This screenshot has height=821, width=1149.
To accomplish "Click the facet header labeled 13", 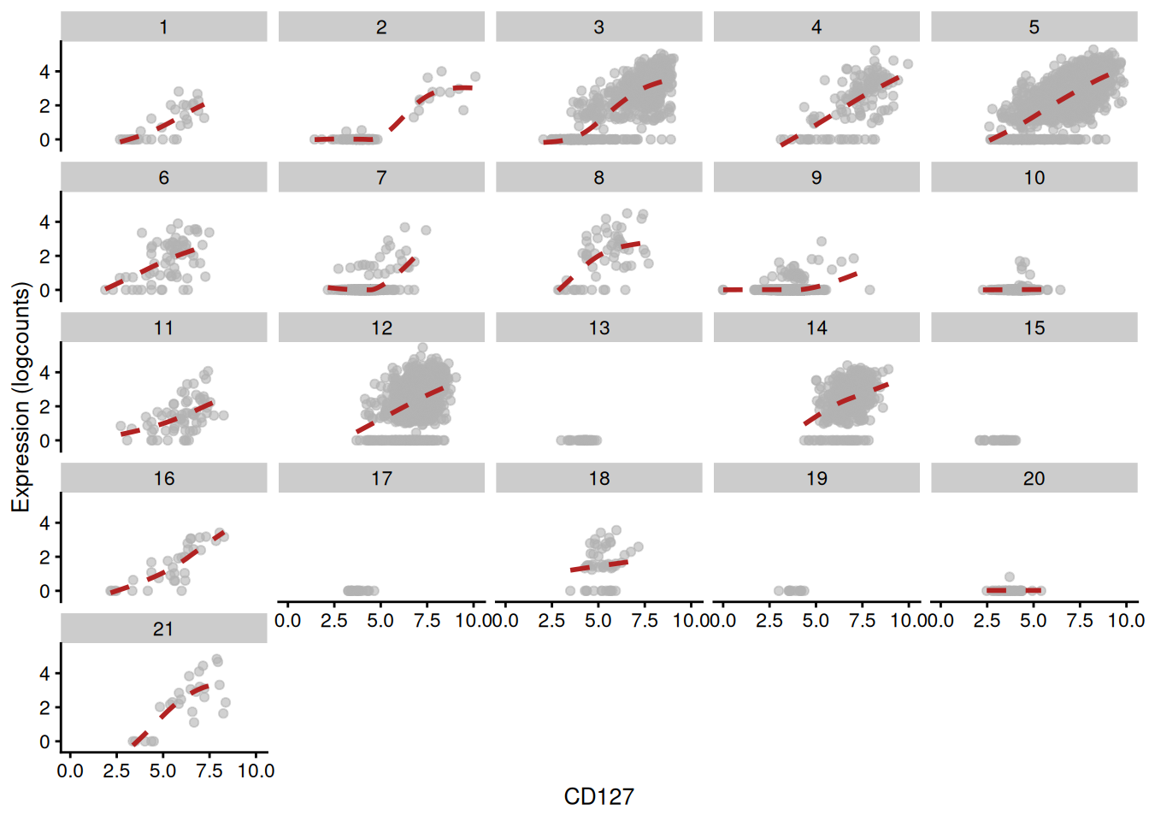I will pyautogui.click(x=598, y=328).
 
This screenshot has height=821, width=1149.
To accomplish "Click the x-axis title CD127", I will pyautogui.click(x=598, y=797).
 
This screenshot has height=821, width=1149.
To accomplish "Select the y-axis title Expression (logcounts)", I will pyautogui.click(x=21, y=398).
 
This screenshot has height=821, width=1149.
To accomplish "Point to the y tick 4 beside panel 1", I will pyautogui.click(x=44, y=72).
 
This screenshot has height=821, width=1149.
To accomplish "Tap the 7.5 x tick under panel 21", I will pyautogui.click(x=209, y=771).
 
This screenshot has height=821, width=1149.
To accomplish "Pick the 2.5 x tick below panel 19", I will pyautogui.click(x=769, y=621).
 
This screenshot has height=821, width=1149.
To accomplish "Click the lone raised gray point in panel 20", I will pyautogui.click(x=1010, y=577).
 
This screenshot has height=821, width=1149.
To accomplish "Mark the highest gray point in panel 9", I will pyautogui.click(x=822, y=242).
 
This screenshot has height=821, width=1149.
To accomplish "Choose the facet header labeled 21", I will pyautogui.click(x=163, y=629).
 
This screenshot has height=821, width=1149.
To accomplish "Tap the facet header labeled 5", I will pyautogui.click(x=1034, y=27).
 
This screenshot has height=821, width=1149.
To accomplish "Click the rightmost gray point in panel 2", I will pyautogui.click(x=475, y=77).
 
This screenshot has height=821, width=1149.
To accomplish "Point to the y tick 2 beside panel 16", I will pyautogui.click(x=44, y=558).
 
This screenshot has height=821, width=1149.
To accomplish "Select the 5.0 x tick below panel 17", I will pyautogui.click(x=380, y=621).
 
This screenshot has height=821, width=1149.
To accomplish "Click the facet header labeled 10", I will pyautogui.click(x=1034, y=177).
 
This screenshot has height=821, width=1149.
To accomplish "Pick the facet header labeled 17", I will pyautogui.click(x=381, y=478).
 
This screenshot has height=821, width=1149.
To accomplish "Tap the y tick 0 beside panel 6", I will pyautogui.click(x=44, y=291).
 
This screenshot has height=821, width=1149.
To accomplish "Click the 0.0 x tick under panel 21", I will pyautogui.click(x=70, y=771).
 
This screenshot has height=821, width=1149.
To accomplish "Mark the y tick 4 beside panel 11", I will pyautogui.click(x=44, y=373).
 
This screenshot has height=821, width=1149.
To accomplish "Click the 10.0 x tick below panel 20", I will pyautogui.click(x=1125, y=621).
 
